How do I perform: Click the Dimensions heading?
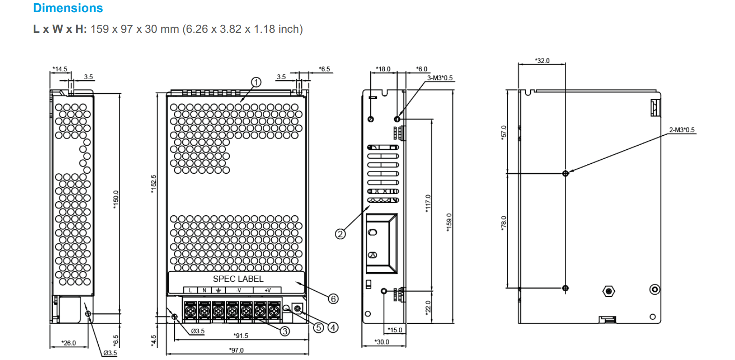pos(68,8)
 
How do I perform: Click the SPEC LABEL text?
pos(238,279)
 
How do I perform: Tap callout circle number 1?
pos(256,82)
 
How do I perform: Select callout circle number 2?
pos(340,234)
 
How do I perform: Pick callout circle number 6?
pos(333,299)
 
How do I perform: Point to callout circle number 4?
pos(333,327)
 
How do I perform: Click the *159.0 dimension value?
pos(449,222)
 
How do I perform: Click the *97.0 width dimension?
pos(236,350)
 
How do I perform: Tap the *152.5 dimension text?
pos(153,184)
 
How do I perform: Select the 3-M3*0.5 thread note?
pos(440,78)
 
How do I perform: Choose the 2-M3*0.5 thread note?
pos(682,130)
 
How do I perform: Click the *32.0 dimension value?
pos(542,61)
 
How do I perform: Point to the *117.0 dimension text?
pos(428,204)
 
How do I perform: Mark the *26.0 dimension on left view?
pos(68,343)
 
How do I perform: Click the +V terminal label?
pos(267,291)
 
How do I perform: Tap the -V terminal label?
pos(238,291)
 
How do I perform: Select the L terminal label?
pos(190,291)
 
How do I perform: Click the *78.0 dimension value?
pos(504,223)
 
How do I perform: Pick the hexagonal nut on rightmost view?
pos(608,291)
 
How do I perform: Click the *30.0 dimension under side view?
pos(382,342)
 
